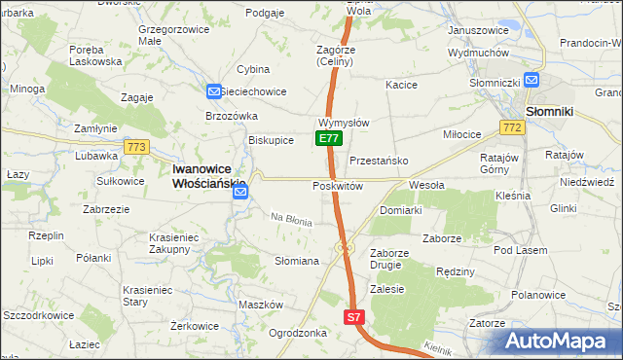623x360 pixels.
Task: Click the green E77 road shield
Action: (x=329, y=139)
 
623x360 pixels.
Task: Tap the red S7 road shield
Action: (x=355, y=317)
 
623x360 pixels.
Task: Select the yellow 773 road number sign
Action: (x=136, y=147)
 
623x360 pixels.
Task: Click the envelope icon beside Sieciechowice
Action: (x=214, y=91)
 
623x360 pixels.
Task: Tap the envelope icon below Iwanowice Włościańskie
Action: (x=241, y=193)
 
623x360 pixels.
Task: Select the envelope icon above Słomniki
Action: (x=532, y=82)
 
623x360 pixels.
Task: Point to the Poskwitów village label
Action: (x=338, y=186)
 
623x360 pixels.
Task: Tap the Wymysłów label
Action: (x=343, y=124)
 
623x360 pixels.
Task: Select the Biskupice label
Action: (x=272, y=140)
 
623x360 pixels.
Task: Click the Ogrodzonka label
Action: (x=297, y=333)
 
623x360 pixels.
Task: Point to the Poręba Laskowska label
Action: (x=95, y=54)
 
